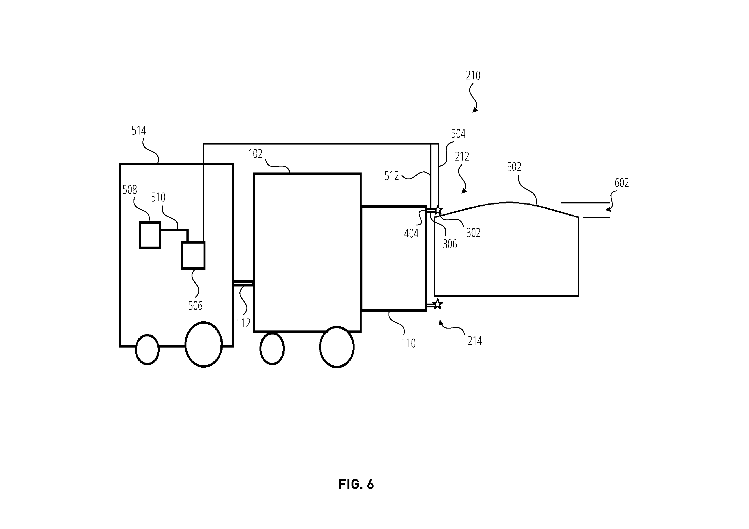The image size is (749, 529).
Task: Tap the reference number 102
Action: [255, 154]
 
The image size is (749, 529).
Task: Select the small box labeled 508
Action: [150, 235]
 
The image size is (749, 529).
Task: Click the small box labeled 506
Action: [193, 255]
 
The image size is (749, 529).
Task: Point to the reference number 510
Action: [158, 197]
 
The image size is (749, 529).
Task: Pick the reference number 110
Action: [408, 343]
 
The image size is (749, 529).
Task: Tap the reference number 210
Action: [473, 76]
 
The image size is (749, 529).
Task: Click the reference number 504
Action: [458, 134]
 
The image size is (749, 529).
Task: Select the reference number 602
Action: [622, 183]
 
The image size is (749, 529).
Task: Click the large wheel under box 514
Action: [204, 344]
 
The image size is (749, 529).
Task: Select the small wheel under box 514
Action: [147, 350]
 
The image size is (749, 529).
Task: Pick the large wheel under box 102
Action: [337, 347]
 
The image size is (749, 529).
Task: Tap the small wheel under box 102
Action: [272, 349]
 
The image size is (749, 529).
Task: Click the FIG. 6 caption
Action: [356, 484]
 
